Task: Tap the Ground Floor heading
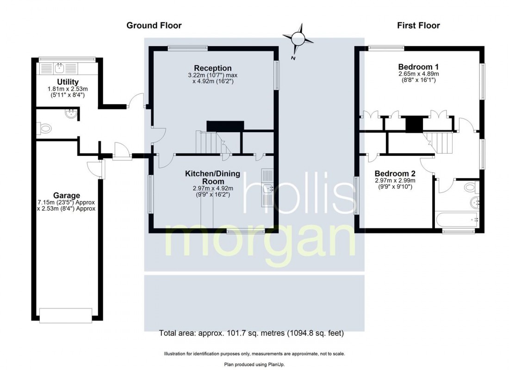tap(154, 25)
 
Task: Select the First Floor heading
tap(418, 25)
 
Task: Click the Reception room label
tap(212, 68)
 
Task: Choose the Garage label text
tap(66, 196)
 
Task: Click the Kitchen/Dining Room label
tap(212, 177)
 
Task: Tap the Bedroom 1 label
tap(418, 66)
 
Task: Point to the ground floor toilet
tap(45, 128)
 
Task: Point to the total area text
tap(251, 333)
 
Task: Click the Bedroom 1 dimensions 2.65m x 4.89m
tap(418, 74)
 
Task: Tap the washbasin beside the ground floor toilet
tap(72, 113)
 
